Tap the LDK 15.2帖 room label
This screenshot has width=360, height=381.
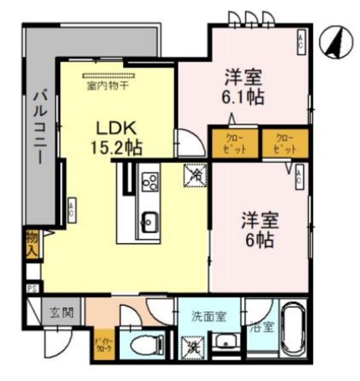(117, 138)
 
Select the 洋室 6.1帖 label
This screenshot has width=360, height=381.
(244, 87)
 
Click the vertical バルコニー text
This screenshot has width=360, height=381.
(39, 127)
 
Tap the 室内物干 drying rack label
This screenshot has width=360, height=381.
(109, 85)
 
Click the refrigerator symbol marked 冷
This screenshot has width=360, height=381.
(195, 174)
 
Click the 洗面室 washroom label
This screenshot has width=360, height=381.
(209, 317)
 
